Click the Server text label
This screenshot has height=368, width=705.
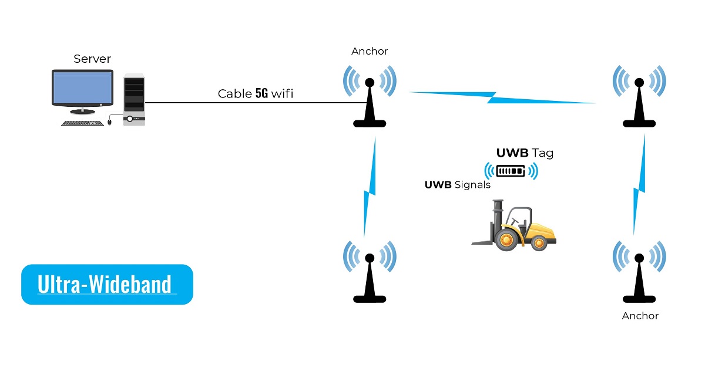click(92, 59)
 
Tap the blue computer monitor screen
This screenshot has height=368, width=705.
click(82, 89)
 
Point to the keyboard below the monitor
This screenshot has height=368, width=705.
click(82, 123)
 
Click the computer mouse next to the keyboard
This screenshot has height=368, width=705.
click(109, 122)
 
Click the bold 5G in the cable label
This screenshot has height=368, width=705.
click(261, 93)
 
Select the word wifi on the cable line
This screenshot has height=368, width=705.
click(282, 93)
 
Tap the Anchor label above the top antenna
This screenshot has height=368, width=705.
click(370, 51)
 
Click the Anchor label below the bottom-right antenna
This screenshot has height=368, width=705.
click(640, 316)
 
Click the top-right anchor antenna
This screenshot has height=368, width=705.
click(639, 97)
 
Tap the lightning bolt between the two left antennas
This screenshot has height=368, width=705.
click(368, 188)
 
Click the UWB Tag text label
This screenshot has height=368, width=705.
click(525, 154)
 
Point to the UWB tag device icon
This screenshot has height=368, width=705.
click(511, 171)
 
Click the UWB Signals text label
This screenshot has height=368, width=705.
click(457, 185)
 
